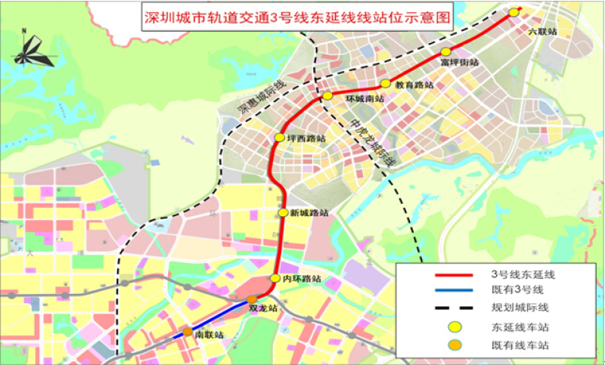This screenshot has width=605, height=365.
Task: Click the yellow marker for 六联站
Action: click(513, 12)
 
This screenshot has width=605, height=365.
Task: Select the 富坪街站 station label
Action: click(458, 62)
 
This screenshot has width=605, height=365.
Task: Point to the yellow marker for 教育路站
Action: click(386, 83)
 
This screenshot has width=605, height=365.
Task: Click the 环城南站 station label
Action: click(364, 99)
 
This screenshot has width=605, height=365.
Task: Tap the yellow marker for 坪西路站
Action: click(280, 138)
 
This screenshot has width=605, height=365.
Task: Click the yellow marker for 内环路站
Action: click(275, 278)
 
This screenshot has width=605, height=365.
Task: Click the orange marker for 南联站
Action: click(187, 332)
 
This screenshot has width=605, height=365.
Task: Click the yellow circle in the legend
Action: click(455, 326)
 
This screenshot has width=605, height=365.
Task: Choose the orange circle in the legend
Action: click(455, 345)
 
